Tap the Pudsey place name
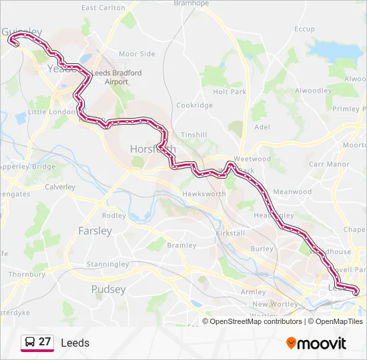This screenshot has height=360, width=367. coord(108,289)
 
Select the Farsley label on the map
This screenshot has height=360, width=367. coord(95,231)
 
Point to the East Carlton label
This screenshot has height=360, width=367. coord(103,8)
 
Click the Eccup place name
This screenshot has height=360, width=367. coord(304,29)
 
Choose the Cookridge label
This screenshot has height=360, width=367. coord(194,105)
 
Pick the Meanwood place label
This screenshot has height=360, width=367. coord(292,192)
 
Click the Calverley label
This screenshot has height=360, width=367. coord(60,187)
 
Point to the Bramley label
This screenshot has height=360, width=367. coord(181,245)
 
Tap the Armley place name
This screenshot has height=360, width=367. coord(253,292)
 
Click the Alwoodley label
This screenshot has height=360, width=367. coord(313,91)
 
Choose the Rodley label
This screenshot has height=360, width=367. coord(114,215)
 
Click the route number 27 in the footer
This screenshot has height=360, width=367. coord(45,342)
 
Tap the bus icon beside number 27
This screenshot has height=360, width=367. coord(29,342)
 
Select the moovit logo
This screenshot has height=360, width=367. coord(316,343)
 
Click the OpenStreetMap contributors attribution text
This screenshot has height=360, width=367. coord(256,321)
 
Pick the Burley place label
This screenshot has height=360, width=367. coord(262,249)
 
